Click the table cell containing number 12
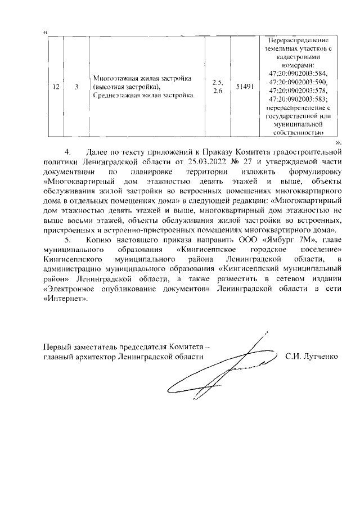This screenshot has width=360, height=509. point(55,87)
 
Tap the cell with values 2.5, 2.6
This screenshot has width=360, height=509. point(217,87)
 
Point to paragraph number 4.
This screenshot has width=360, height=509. point(69,152)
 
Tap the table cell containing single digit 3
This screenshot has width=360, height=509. point(76,87)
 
